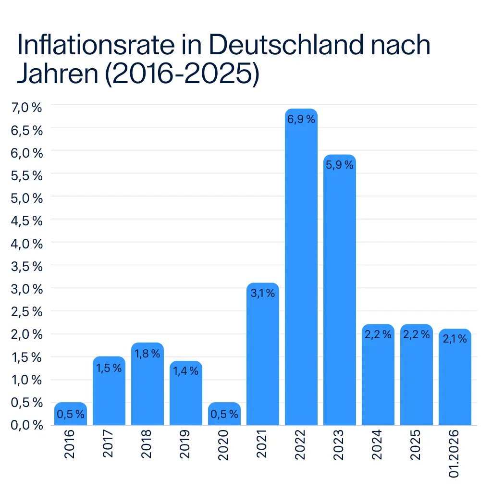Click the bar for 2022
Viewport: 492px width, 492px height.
point(301,269)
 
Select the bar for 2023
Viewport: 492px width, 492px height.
point(340,293)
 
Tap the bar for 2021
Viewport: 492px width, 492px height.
point(263,356)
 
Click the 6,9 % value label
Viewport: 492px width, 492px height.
point(301,120)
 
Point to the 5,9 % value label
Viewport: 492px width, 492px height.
point(340,165)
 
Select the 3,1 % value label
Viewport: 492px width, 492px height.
point(263,294)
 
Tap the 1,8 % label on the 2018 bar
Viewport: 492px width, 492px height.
point(148,354)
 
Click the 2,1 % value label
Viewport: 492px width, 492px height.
point(455,340)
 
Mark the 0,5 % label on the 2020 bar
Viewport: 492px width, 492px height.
point(224,415)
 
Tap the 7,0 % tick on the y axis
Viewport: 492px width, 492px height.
point(26,108)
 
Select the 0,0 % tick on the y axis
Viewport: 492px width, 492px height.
point(26,426)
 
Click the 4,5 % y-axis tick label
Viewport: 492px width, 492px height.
point(26,221)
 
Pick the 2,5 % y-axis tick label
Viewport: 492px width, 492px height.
point(26,312)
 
